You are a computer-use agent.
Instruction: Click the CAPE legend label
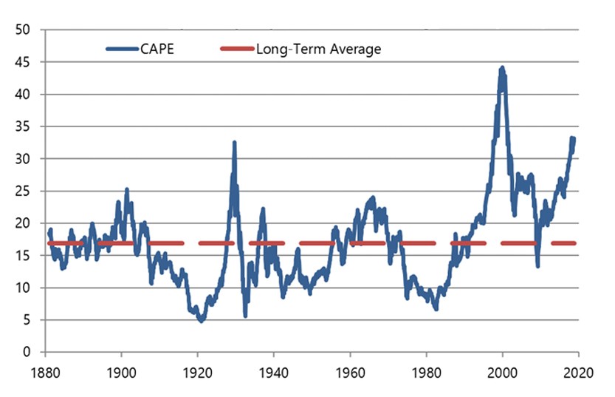[x=157, y=50]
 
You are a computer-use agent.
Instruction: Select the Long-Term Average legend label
[x=318, y=50]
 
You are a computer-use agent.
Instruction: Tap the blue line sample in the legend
[x=123, y=50]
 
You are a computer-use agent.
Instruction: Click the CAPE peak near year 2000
[x=503, y=68]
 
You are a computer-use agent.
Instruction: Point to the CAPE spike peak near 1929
[x=234, y=143]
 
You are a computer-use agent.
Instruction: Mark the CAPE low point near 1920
[x=201, y=320]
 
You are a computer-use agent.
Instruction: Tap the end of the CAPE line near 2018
[x=573, y=139]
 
